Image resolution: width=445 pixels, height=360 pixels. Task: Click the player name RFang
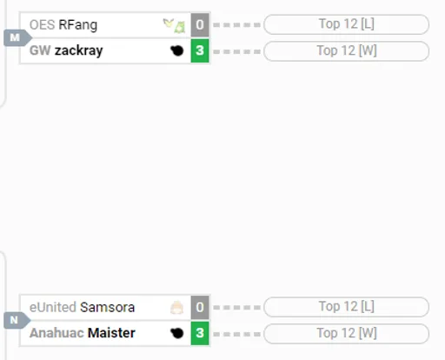click(x=78, y=25)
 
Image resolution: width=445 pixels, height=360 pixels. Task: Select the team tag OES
click(x=42, y=25)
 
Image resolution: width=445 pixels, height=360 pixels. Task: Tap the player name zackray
click(x=79, y=50)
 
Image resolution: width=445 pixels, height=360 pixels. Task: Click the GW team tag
click(x=40, y=50)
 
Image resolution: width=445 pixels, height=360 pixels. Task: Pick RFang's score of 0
click(x=200, y=25)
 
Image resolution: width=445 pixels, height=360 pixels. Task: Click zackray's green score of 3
click(x=200, y=50)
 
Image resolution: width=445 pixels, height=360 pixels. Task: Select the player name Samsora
click(x=107, y=307)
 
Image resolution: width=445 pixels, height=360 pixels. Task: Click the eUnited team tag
click(x=53, y=307)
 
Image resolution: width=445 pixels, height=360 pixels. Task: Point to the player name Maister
click(x=111, y=333)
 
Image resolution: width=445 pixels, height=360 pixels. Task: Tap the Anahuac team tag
click(x=56, y=333)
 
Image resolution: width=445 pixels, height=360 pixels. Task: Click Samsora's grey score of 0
click(x=200, y=307)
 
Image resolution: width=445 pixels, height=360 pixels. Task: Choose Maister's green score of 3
click(x=200, y=333)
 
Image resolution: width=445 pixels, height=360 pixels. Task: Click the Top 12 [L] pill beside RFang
click(x=347, y=24)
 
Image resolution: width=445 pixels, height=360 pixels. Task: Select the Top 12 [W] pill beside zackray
click(x=347, y=51)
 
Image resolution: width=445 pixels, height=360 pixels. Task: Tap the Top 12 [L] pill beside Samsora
click(x=347, y=307)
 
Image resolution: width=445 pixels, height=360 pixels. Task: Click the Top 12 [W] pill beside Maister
click(x=347, y=334)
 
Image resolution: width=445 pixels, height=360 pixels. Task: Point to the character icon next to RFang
click(x=174, y=25)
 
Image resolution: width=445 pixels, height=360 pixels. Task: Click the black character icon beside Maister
click(x=177, y=333)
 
